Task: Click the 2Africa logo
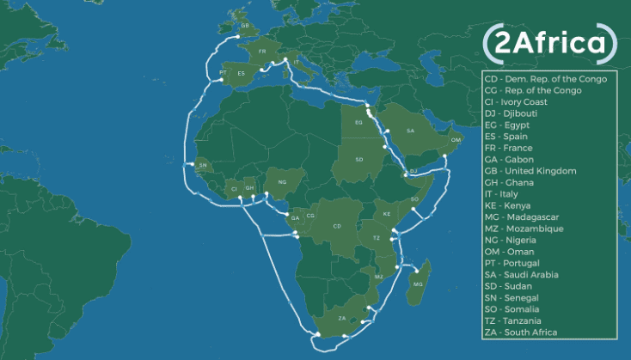point(550,42)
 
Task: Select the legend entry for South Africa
point(521,333)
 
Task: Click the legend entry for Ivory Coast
point(519,101)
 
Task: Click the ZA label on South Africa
point(342,318)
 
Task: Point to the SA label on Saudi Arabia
point(410,131)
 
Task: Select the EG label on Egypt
point(358,123)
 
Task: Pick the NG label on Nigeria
point(281,182)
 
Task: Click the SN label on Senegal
point(203,164)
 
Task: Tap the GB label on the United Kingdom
point(244,26)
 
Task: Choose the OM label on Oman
point(456,139)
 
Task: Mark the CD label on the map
point(337,226)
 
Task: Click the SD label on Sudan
point(358,160)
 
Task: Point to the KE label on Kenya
point(387,213)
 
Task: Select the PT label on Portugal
point(224,72)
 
